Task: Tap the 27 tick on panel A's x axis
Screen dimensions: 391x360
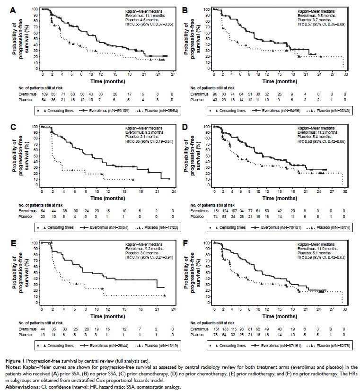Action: point(173,74)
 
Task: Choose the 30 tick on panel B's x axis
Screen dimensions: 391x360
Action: point(346,74)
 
